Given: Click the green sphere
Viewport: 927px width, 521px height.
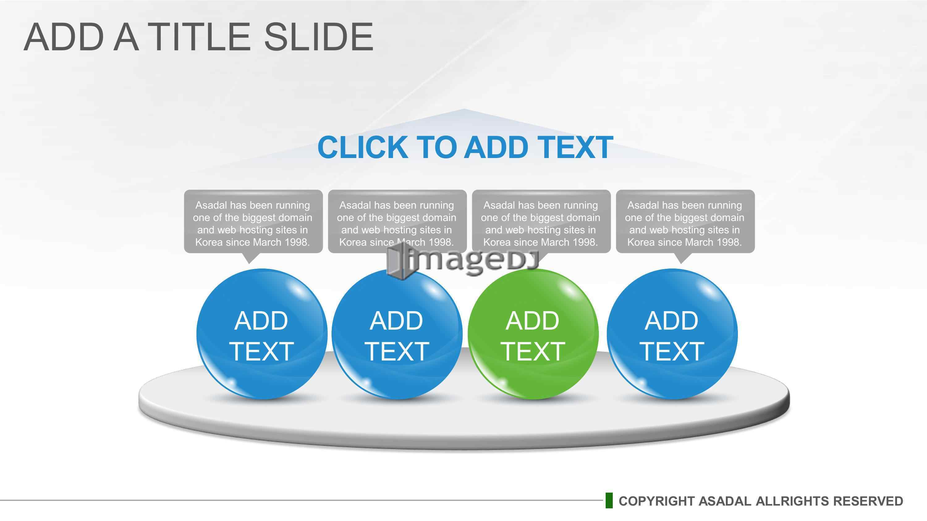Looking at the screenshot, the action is pos(533,334).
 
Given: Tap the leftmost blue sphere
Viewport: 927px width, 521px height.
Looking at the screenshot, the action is pos(262,334).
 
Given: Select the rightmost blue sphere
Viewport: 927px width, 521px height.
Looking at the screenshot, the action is pos(672,334).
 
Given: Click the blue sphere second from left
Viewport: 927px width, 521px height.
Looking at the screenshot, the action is pos(397,334).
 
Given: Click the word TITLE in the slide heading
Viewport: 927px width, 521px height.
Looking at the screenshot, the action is pos(199,37).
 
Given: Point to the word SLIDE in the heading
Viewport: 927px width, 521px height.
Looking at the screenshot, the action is pos(319,37).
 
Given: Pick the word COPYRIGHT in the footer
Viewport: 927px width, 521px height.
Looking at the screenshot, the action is pos(657,501).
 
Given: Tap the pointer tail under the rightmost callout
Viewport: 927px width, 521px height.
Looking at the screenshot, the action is pos(682,258).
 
